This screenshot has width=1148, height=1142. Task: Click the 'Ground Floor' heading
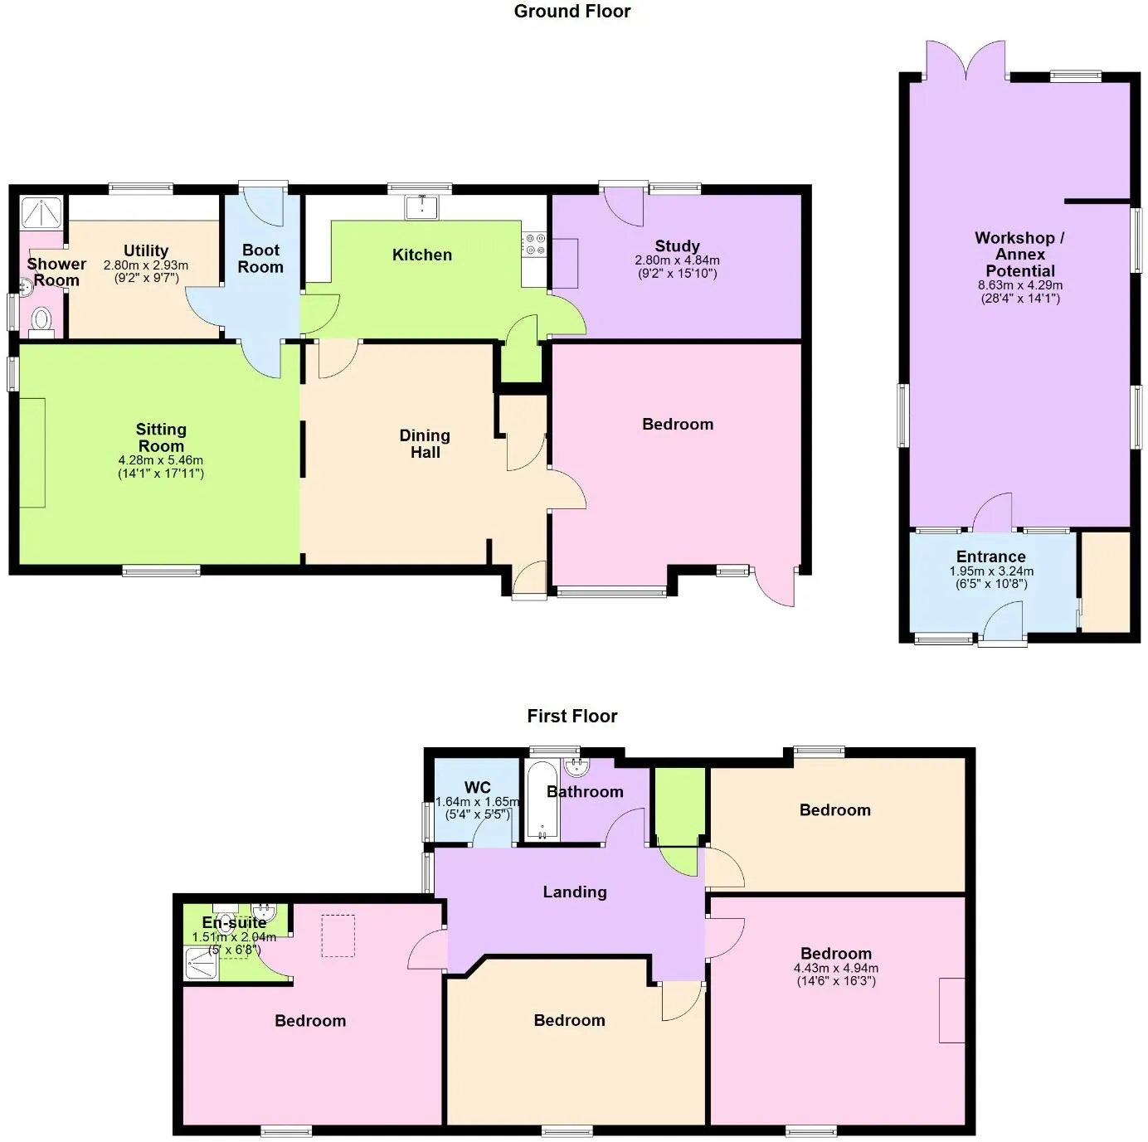point(572,12)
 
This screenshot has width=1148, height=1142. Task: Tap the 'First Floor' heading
point(572,716)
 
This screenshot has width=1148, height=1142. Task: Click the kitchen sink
point(421,207)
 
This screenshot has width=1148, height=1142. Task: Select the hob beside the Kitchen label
point(534,245)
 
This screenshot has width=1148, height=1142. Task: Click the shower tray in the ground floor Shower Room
point(41,212)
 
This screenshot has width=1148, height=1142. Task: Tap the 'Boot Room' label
point(260,259)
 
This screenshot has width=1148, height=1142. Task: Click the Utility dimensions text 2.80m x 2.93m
point(146,265)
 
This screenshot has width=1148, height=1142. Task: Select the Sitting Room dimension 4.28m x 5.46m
point(161,460)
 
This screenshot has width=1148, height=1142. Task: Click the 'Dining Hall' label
point(425,444)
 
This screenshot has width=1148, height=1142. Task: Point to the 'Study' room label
point(677,245)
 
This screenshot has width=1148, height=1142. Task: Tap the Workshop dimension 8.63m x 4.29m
point(1020,284)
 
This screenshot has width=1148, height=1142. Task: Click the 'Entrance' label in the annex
point(990,556)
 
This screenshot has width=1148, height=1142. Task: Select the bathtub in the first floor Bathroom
point(542,800)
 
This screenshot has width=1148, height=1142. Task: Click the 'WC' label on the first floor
point(477,788)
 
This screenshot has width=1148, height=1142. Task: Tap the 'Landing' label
point(575,892)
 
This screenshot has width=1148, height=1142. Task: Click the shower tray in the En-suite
point(202,964)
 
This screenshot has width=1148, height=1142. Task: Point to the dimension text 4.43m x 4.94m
point(836,968)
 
